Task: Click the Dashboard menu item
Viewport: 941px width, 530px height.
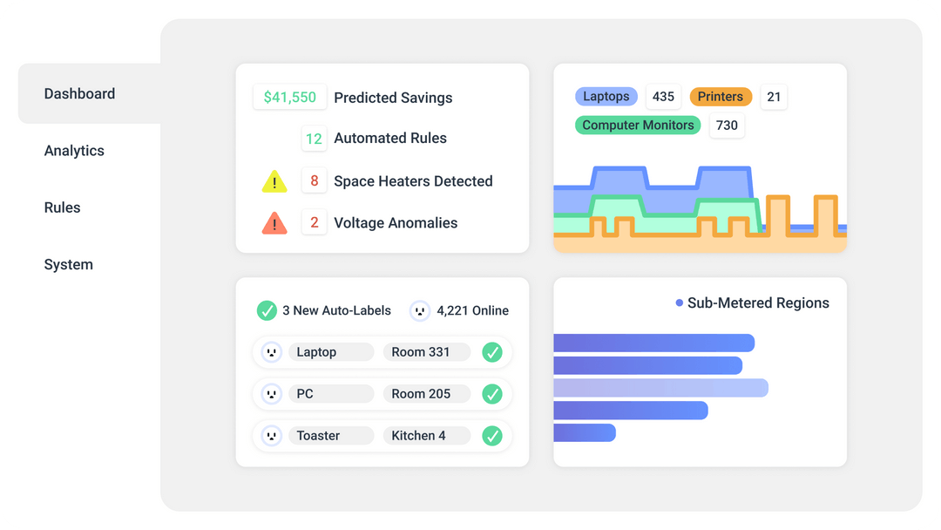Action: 79,94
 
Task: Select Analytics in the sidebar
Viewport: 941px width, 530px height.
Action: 74,151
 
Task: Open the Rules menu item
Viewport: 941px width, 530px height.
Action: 62,207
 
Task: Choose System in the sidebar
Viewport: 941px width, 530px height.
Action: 68,265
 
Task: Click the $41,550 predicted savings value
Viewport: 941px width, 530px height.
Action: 290,98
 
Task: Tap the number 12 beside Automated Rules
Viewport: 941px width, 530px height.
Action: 314,139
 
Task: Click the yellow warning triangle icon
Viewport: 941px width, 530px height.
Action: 274,181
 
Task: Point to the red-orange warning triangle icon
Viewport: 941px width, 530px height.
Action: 274,223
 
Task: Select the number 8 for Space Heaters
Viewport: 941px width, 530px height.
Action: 315,181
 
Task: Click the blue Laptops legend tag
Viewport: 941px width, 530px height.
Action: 606,97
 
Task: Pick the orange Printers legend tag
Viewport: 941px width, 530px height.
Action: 721,97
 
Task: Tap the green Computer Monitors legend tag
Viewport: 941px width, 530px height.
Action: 638,126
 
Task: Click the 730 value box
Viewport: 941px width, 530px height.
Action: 727,126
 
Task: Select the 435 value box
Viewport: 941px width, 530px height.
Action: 663,97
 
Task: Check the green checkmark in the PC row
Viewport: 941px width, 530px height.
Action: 492,394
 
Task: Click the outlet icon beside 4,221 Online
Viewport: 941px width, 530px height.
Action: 420,310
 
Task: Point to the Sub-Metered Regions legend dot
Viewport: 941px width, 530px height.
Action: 680,302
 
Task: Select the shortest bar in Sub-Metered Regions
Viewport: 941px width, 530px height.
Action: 585,432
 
